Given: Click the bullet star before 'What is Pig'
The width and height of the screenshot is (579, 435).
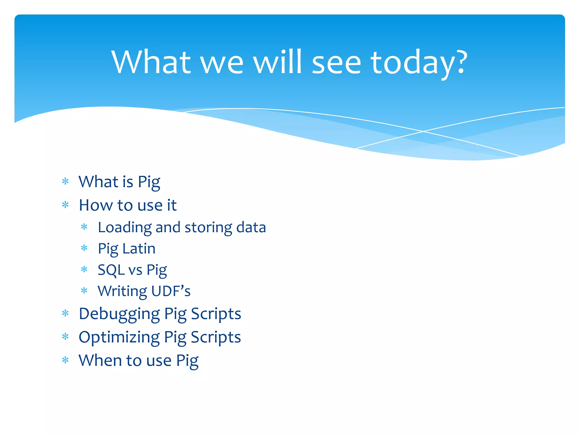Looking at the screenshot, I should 65,181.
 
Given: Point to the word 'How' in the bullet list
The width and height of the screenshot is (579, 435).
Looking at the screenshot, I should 96,205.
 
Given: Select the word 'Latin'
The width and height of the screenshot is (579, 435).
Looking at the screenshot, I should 139,249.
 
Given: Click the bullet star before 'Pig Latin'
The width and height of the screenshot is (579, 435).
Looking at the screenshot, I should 84,249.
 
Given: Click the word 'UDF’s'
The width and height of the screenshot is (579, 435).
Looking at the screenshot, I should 171,291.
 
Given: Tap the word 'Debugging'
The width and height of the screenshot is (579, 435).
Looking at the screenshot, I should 119,314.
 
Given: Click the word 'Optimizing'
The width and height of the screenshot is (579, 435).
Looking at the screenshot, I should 119,337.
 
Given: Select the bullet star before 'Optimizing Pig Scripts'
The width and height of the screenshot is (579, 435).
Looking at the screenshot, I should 65,337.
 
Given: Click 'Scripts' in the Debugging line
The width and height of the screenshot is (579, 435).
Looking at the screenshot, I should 216,314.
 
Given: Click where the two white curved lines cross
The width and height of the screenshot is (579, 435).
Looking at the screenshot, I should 423,131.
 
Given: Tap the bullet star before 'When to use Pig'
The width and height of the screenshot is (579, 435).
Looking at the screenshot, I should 65,360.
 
